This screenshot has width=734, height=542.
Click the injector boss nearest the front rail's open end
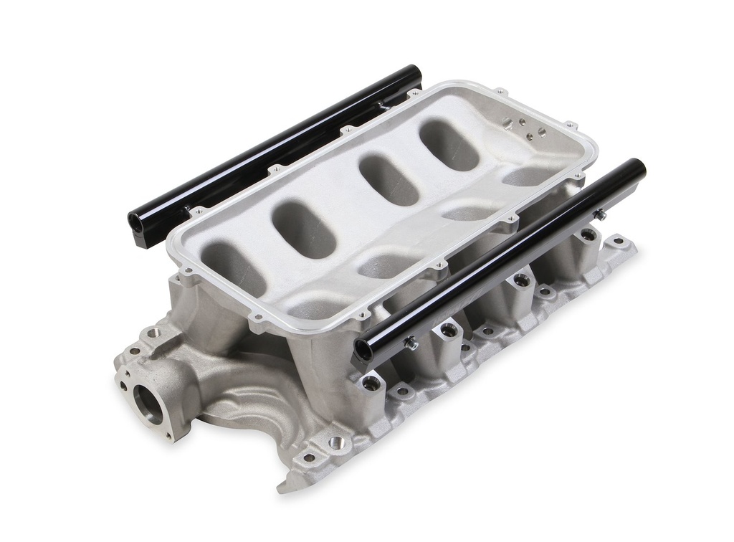[372, 383]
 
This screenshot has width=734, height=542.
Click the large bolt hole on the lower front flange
[335, 442]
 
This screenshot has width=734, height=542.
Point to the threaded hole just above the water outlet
[151, 333]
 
